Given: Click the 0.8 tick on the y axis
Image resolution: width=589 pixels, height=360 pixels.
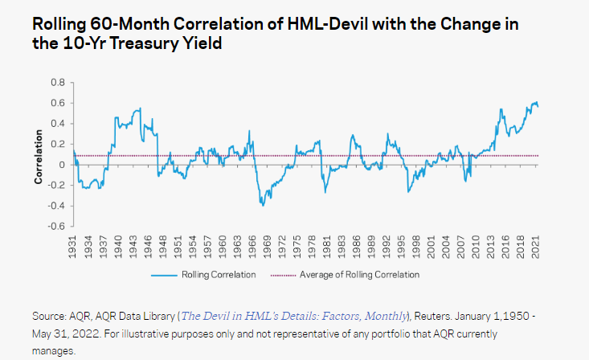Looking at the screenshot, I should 58,82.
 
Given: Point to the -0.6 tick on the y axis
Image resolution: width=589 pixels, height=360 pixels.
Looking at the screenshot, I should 56,226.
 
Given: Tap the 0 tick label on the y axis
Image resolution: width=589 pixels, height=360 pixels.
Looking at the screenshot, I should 62,164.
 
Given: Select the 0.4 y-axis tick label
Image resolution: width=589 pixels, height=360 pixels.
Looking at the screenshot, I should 58,123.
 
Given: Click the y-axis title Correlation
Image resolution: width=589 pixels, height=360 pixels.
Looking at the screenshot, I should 38,154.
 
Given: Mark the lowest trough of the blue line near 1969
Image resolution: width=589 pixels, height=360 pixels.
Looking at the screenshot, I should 262,206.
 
